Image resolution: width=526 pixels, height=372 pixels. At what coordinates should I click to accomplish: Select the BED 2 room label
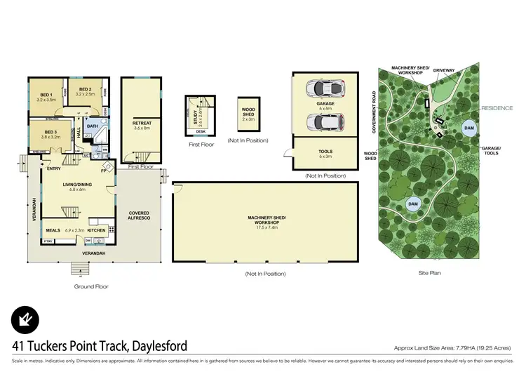86,90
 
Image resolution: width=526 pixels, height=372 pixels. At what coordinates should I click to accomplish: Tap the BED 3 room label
50,132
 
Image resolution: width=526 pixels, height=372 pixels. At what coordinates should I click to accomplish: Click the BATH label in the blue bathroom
92,126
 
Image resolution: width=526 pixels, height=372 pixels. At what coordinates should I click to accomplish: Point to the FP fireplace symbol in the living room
104,170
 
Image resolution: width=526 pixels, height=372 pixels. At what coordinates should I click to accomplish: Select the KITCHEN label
97,230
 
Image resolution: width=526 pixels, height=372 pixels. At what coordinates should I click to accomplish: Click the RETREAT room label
142,124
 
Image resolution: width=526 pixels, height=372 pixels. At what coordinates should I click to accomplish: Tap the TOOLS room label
325,151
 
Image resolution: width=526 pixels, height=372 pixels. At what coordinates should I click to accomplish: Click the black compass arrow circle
26,321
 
